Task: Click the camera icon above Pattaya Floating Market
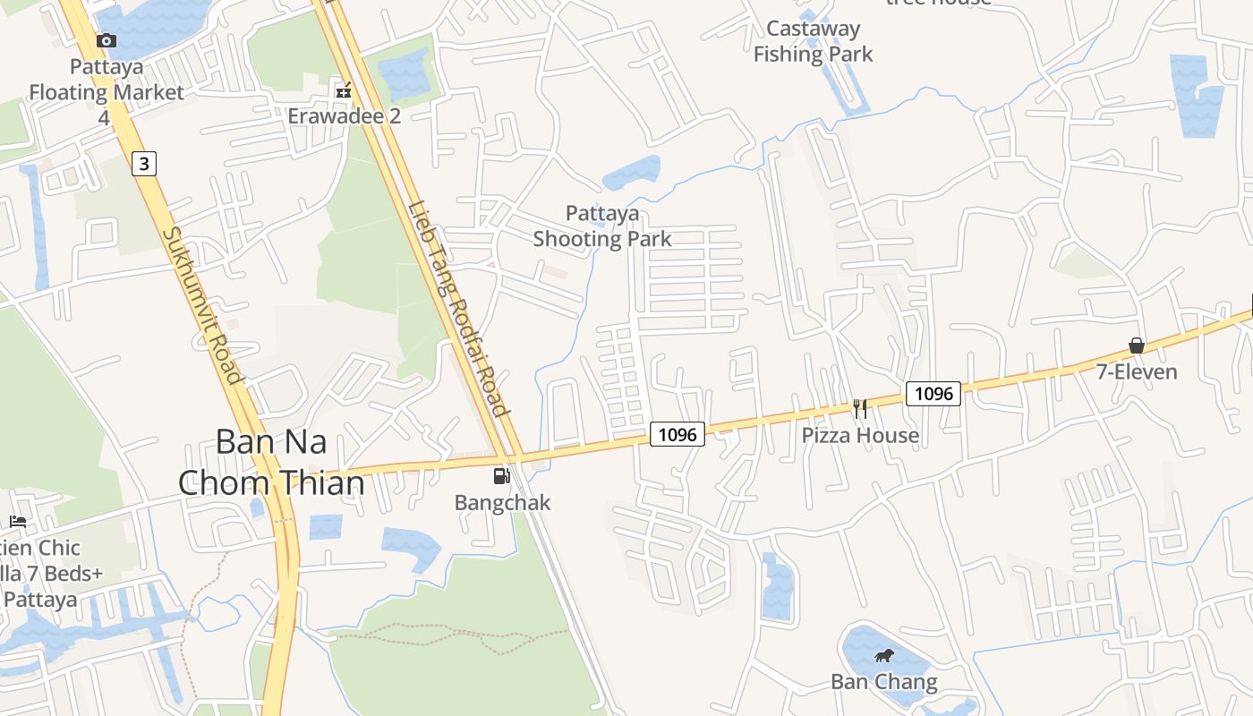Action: point(107,40)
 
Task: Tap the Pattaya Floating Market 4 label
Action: point(107,91)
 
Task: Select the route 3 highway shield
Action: point(143,163)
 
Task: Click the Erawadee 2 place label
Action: point(344,116)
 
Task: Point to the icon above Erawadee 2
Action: point(344,89)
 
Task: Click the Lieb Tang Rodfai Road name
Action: point(459,309)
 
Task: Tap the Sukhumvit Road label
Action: point(203,304)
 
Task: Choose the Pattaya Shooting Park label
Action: point(602,226)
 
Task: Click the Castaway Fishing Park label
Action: point(813,41)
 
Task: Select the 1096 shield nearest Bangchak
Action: point(677,434)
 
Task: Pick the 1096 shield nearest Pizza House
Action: point(933,393)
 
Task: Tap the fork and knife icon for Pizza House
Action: point(860,409)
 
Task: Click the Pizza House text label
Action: point(860,436)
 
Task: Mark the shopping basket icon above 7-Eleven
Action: point(1137,345)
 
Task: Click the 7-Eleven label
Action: point(1137,371)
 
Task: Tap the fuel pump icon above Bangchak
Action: point(502,476)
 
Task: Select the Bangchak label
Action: point(502,502)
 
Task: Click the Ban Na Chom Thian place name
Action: point(271,463)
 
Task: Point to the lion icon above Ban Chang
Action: point(884,656)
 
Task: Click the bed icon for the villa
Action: point(17,521)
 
